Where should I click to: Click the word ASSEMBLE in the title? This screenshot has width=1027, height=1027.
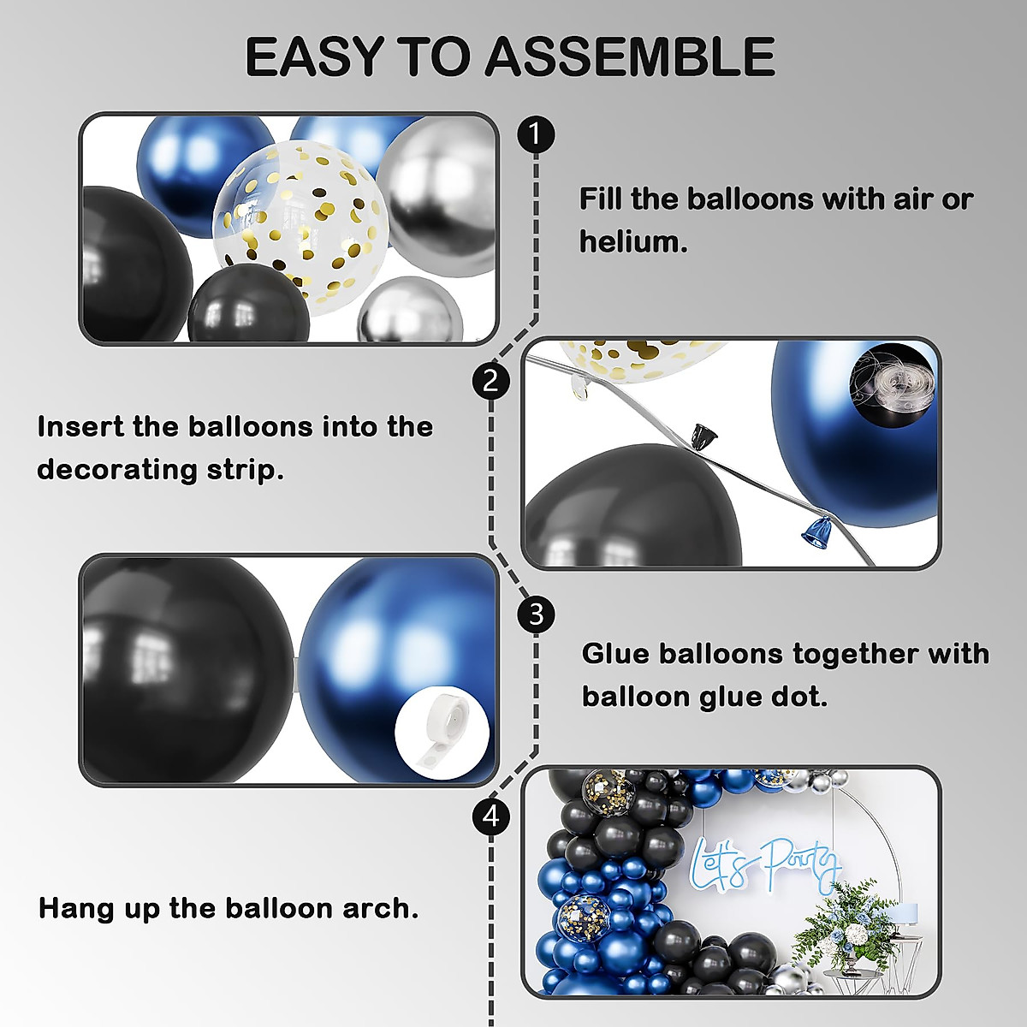[630, 57]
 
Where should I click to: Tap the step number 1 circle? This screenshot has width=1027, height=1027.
[537, 134]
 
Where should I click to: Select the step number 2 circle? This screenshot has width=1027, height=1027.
[490, 380]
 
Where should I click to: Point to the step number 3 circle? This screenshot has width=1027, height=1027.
[537, 614]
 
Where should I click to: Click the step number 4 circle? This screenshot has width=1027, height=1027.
[490, 816]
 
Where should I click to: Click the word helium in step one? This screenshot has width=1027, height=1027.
[632, 242]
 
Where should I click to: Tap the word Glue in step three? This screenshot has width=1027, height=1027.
[615, 654]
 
